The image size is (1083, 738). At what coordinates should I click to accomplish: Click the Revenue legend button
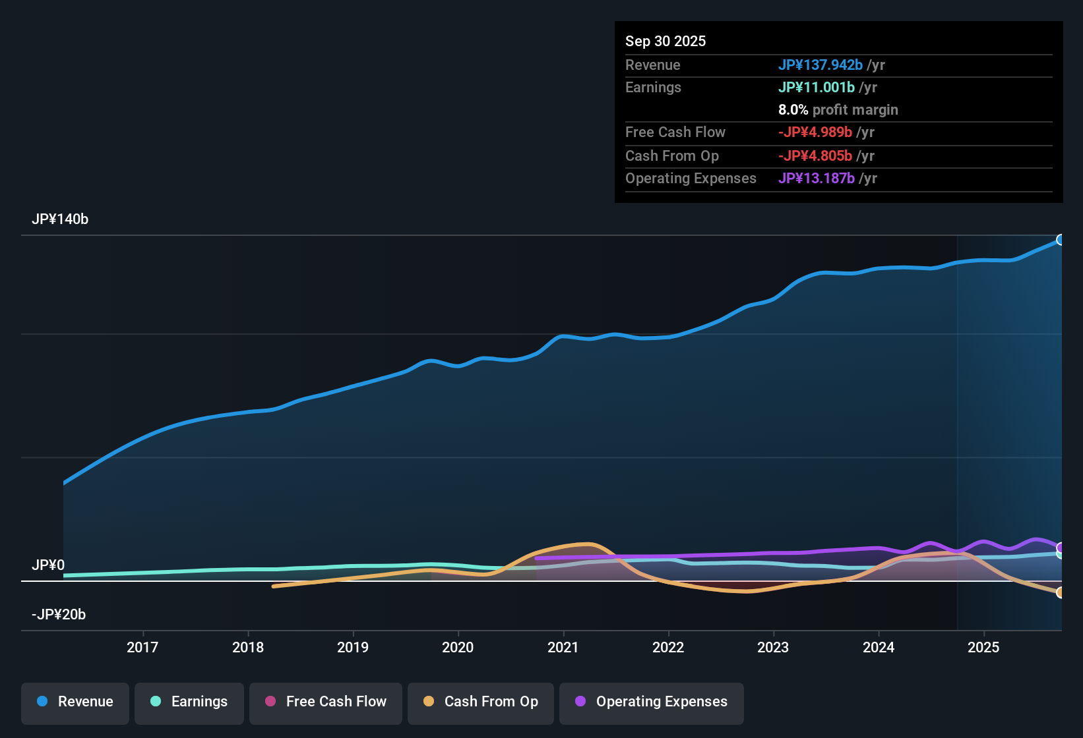coord(75,702)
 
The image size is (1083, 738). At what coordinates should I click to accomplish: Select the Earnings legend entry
coord(189,702)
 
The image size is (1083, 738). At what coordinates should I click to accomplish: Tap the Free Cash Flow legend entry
coord(326,702)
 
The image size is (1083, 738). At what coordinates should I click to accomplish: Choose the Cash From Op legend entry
coord(481,702)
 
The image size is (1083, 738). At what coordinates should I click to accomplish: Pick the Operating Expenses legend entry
coord(652,702)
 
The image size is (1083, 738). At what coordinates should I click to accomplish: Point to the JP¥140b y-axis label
coord(60,219)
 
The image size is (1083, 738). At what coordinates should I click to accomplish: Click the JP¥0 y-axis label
coord(48,565)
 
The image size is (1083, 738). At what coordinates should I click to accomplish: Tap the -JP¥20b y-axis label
coord(59,615)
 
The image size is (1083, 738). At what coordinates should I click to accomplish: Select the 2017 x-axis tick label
coord(142,648)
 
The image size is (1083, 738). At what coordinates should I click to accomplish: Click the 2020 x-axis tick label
coord(458,648)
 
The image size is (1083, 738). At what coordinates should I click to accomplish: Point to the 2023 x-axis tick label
coord(773,648)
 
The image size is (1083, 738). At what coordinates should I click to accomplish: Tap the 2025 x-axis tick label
coord(983,648)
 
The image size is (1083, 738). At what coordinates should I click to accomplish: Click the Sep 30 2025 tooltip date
coord(665,42)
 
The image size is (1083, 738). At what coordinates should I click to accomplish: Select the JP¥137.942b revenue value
coord(820,65)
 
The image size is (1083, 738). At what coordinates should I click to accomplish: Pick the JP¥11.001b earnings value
coord(817,88)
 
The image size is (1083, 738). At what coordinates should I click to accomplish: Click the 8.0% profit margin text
coord(838,110)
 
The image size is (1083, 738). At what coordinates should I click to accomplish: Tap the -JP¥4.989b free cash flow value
coord(815,132)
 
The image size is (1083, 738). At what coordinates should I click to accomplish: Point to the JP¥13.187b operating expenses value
coord(817,179)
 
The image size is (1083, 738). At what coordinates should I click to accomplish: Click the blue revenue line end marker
coord(1060,240)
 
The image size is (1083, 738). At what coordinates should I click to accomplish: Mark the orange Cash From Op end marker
coord(1060,592)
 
